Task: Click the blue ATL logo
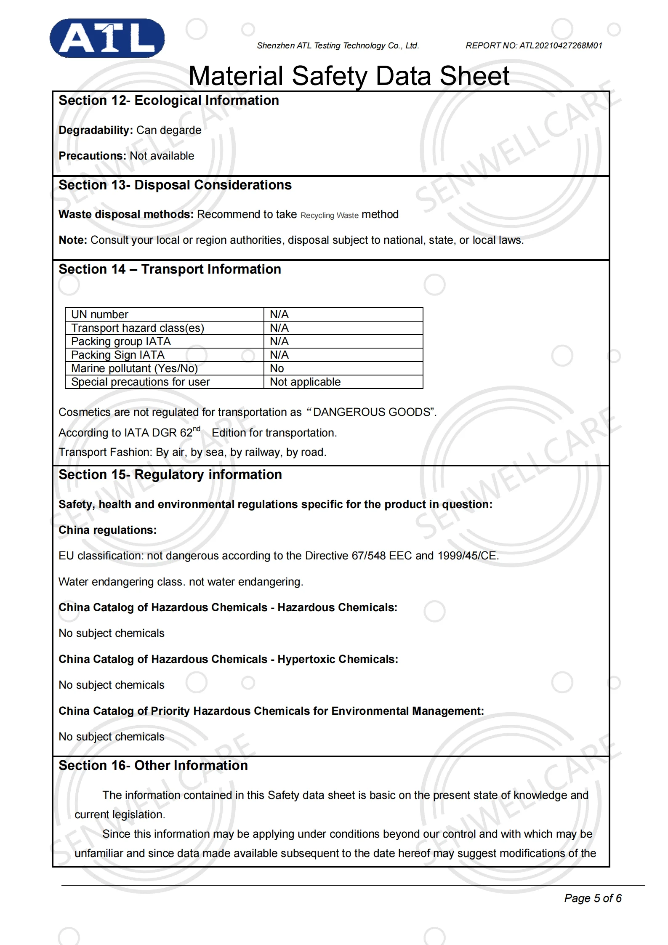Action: pos(107,38)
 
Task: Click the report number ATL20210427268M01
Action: pos(561,45)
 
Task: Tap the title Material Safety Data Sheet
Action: pos(349,76)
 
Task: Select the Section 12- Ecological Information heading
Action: pos(168,101)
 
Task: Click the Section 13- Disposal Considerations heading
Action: pos(175,185)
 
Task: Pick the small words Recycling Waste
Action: pos(329,216)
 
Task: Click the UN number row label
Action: pos(100,314)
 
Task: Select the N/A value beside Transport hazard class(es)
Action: pos(279,328)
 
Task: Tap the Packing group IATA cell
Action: pos(121,341)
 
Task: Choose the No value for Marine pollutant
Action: pos(277,368)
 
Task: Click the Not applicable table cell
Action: pos(305,382)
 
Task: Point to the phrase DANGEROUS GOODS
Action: pos(372,412)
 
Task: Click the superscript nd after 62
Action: pos(197,429)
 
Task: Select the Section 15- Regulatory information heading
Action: pos(170,475)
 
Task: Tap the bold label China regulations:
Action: pos(107,530)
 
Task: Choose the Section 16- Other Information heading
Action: pos(153,766)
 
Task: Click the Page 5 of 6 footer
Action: pos(592,898)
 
